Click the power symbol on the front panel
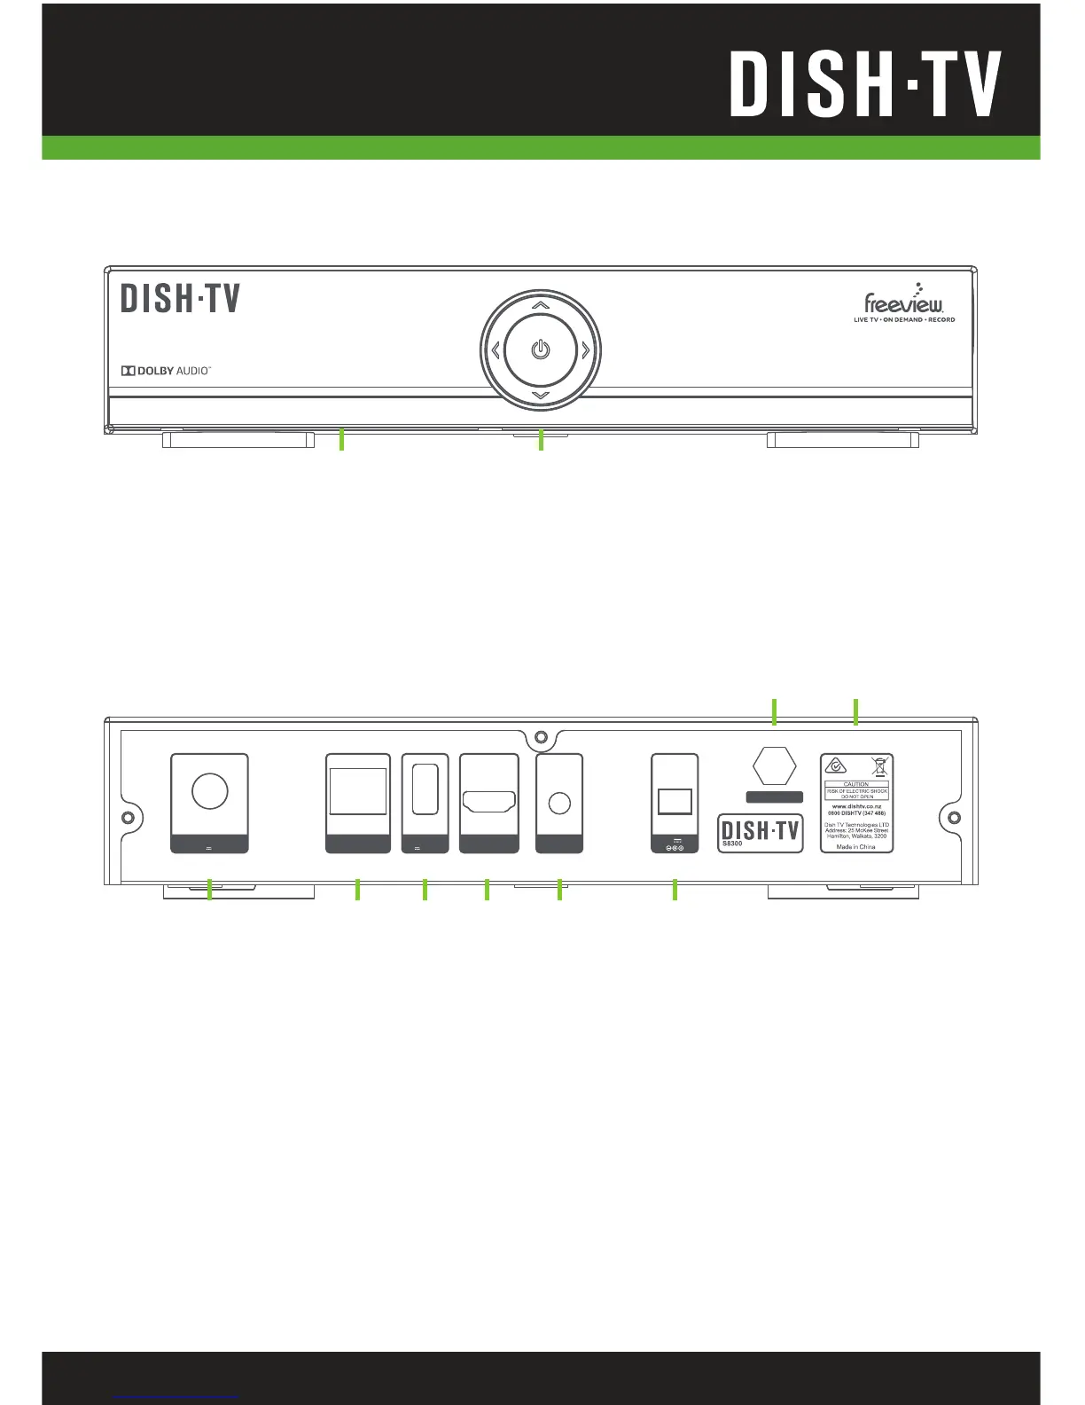[541, 350]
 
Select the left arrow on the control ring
[496, 350]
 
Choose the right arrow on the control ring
[585, 350]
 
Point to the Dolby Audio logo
[167, 370]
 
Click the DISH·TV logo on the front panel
[181, 298]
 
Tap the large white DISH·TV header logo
[865, 84]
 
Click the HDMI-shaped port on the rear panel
[488, 801]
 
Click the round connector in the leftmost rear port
[209, 790]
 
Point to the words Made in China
[855, 847]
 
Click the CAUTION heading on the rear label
[856, 784]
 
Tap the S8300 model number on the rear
[731, 844]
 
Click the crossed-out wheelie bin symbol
[879, 767]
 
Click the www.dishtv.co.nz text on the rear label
[855, 806]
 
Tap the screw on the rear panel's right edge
[954, 817]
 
